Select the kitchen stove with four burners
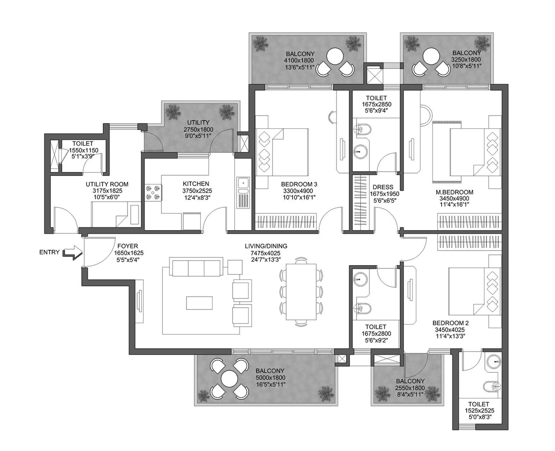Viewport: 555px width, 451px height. [x=153, y=193]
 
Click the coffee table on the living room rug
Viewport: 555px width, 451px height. [x=199, y=303]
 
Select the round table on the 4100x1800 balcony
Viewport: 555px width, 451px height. [x=335, y=56]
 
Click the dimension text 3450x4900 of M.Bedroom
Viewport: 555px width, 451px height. [x=454, y=198]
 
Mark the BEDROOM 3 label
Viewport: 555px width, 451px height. [x=299, y=184]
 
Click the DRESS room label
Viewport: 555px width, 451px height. [x=383, y=187]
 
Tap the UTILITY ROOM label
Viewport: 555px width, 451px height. [x=107, y=184]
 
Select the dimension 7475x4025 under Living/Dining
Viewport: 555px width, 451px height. [x=265, y=253]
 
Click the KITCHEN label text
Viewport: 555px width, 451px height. [x=196, y=184]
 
